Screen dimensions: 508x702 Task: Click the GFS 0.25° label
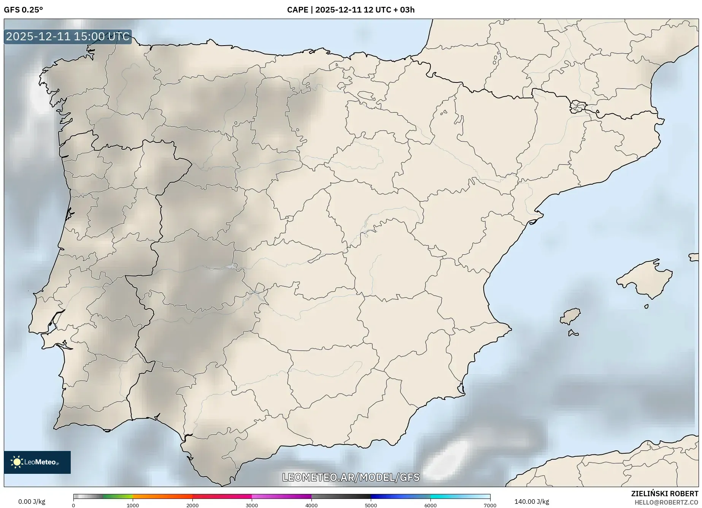pyautogui.click(x=23, y=10)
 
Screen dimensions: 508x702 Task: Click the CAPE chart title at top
pyautogui.click(x=351, y=10)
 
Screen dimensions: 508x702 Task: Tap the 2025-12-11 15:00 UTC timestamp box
pyautogui.click(x=68, y=36)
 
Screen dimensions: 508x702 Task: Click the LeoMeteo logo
pyautogui.click(x=37, y=462)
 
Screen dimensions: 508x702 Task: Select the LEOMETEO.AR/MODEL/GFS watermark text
pyautogui.click(x=351, y=477)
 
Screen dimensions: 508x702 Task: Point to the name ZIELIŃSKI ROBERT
pyautogui.click(x=664, y=494)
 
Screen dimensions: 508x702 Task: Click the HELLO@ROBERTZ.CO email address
pyautogui.click(x=666, y=502)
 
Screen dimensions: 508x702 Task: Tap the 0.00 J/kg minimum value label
pyautogui.click(x=32, y=502)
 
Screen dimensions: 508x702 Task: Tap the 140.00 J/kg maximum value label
pyautogui.click(x=531, y=502)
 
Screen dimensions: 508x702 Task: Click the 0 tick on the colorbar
pyautogui.click(x=73, y=505)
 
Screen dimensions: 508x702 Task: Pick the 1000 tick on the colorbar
pyautogui.click(x=133, y=505)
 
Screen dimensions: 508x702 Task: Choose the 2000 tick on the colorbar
pyautogui.click(x=192, y=505)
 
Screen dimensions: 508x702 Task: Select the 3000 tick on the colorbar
pyautogui.click(x=252, y=505)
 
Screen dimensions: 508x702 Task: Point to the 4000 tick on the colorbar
pyautogui.click(x=311, y=505)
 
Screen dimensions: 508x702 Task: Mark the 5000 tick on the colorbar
pyautogui.click(x=371, y=505)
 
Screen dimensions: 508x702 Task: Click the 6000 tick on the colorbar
pyautogui.click(x=430, y=505)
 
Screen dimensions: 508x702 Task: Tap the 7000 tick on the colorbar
pyautogui.click(x=490, y=505)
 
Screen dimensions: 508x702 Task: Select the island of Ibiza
pyautogui.click(x=570, y=316)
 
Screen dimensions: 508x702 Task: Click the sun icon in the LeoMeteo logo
pyautogui.click(x=17, y=462)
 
